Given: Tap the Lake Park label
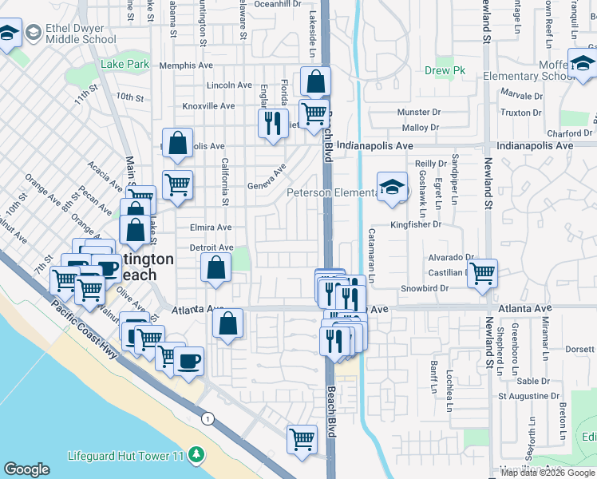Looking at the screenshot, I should click(125, 64).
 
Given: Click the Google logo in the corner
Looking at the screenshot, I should click(26, 469).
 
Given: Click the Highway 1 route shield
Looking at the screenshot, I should click(208, 418).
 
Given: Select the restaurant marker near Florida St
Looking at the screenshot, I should click(273, 123).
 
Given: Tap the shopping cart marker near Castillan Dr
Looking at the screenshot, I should click(482, 273).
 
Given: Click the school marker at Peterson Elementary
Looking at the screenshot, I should click(391, 188).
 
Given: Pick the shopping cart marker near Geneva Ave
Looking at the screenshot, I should click(177, 184).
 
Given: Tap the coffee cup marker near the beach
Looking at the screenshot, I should click(188, 361).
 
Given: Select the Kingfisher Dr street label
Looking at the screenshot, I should click(415, 225).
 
